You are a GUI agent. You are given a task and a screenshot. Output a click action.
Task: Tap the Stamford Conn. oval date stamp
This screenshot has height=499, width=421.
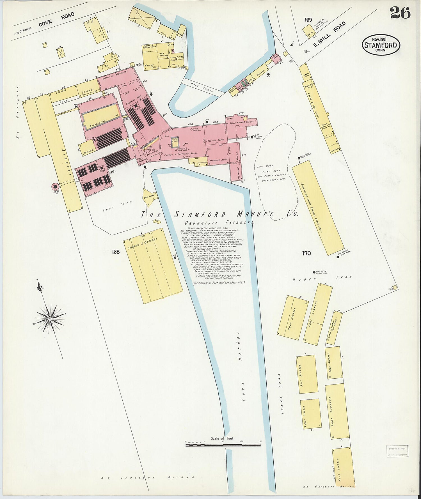tap(381, 45)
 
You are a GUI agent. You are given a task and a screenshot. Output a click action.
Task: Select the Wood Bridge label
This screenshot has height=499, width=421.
tap(202, 87)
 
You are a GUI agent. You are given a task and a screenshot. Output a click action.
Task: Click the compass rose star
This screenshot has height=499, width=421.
tap(50, 319)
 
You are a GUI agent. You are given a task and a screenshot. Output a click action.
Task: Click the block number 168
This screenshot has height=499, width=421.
tap(116, 252)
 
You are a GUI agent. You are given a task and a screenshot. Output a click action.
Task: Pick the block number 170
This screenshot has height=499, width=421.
tap(306, 253)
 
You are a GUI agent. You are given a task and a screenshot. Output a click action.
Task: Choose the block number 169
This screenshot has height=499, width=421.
tap(308, 20)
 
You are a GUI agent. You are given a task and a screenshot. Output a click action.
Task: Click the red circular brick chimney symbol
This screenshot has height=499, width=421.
tap(55, 187)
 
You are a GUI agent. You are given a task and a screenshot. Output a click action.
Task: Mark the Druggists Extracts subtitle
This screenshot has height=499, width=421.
tap(219, 223)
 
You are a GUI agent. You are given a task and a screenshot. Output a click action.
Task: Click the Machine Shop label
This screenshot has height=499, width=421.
tap(150, 66)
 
